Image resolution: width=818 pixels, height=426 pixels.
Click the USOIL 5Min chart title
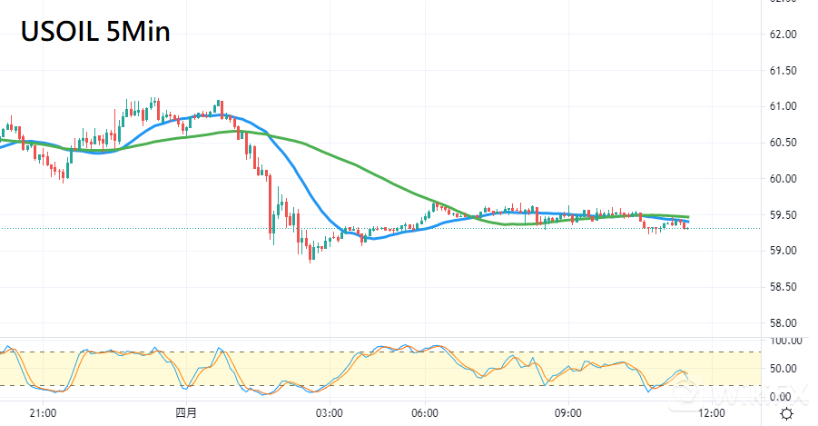[95, 32]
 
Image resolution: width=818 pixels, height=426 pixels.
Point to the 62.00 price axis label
[783, 35]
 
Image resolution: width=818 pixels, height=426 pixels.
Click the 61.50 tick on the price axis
[783, 71]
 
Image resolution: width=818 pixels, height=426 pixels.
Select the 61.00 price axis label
[783, 106]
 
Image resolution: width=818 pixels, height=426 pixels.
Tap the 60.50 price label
[783, 143]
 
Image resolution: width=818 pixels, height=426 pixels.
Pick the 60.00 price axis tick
[783, 179]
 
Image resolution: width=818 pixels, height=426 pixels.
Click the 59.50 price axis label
[783, 215]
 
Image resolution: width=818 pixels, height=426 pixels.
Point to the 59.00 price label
[783, 251]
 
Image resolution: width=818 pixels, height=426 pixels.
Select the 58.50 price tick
[783, 287]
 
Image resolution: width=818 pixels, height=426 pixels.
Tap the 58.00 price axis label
[783, 323]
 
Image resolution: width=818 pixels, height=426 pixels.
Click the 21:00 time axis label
[44, 413]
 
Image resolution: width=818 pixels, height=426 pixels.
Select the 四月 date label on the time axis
[186, 413]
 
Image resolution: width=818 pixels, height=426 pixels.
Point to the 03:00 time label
[329, 413]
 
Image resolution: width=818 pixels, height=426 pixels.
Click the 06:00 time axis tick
[425, 413]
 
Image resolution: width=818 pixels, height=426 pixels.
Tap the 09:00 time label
[567, 413]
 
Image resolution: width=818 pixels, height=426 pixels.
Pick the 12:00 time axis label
[710, 413]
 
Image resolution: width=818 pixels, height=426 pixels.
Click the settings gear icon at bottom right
[786, 413]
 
